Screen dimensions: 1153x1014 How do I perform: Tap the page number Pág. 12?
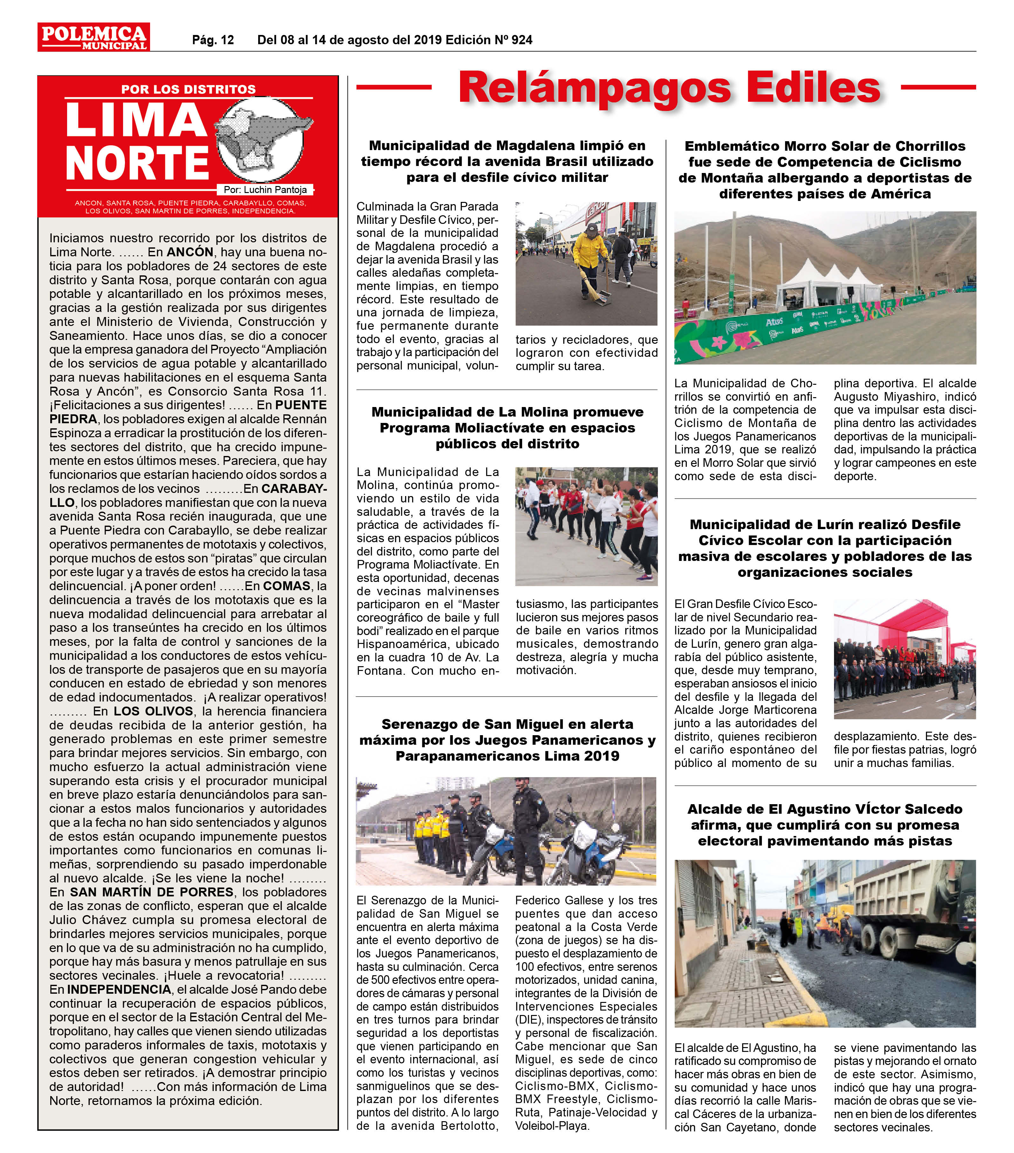213,40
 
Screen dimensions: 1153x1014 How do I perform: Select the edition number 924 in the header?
522,40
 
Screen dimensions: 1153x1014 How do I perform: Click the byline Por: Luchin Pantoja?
265,190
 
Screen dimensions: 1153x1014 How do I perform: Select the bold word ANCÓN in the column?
190,252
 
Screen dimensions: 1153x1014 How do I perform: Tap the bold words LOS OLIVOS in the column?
153,711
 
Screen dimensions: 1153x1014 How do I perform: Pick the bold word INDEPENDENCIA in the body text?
119,990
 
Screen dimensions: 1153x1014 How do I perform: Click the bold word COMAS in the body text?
286,586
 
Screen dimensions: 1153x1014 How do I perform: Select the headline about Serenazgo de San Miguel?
507,740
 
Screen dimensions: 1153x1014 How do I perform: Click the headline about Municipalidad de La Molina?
507,428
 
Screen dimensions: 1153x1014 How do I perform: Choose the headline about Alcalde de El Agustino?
824,825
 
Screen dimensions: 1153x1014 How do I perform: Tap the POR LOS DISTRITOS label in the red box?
188,89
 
